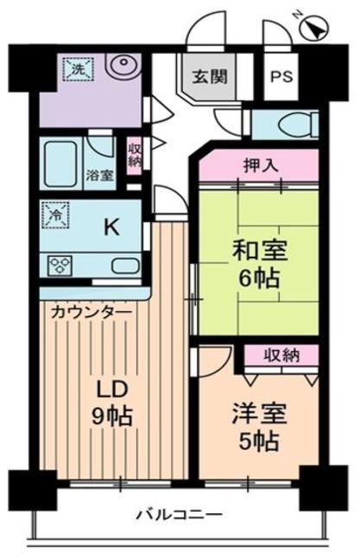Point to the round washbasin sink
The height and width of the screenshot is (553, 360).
click(x=124, y=66)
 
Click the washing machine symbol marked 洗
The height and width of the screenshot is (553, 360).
click(x=74, y=67)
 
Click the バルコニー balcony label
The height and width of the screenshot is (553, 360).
click(x=180, y=515)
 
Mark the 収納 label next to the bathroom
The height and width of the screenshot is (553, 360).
click(x=135, y=156)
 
